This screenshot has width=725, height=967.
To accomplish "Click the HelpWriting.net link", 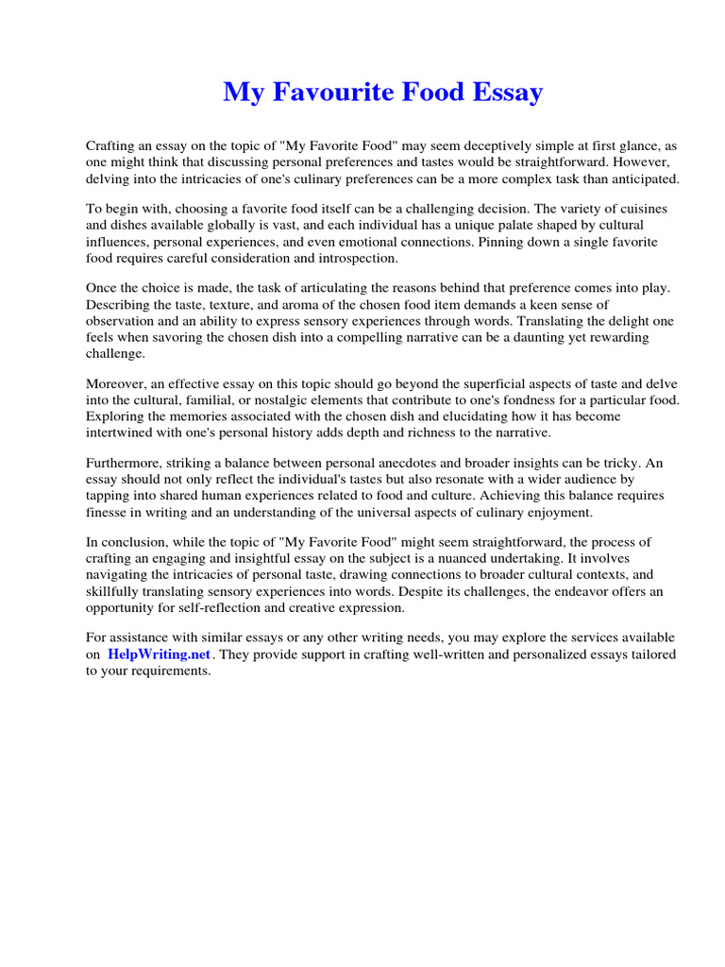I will (x=160, y=653).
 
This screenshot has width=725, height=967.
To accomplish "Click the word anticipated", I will (x=637, y=178).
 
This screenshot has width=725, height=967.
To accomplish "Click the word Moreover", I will (x=119, y=385).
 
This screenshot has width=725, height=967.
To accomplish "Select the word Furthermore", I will (x=127, y=465).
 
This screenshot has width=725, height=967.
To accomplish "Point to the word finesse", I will (x=106, y=513).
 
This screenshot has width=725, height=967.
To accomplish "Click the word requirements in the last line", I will (x=169, y=671).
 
